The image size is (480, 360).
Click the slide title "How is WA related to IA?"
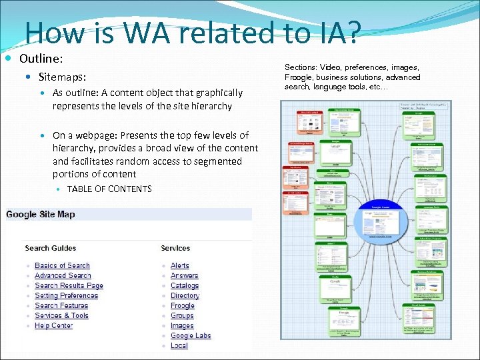tap(192, 32)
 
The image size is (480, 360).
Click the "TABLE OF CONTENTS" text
tap(109, 189)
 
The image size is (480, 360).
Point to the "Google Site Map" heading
tap(41, 214)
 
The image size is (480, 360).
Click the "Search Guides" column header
tap(51, 248)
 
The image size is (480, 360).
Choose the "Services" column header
tap(175, 248)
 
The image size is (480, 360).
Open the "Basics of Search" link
tap(62, 265)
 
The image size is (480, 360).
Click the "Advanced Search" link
tap(63, 275)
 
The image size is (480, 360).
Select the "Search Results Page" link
tap(69, 285)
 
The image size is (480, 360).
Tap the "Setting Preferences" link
tap(66, 295)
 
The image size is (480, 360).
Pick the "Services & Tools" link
tap(61, 315)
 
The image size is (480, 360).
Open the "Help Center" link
tap(53, 325)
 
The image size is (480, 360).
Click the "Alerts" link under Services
tap(180, 265)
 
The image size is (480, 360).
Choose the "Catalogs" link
tap(185, 285)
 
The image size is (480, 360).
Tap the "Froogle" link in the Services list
tap(183, 305)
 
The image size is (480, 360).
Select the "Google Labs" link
tap(191, 335)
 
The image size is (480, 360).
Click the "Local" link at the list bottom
tap(179, 345)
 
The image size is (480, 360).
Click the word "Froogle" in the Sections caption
tap(299, 77)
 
